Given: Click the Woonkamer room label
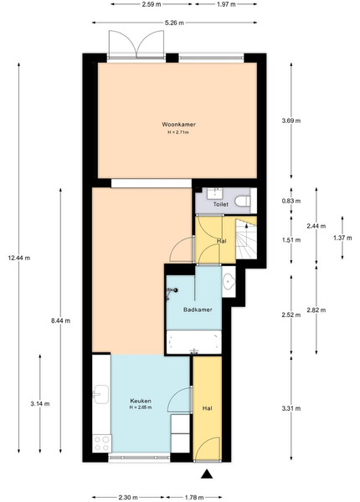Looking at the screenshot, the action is tap(178, 124).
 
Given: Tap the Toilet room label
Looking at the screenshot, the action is tap(221, 204).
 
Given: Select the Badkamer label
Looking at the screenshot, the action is tap(198, 310).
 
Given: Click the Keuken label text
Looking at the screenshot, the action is tap(141, 401).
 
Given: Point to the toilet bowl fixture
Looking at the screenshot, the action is tap(243, 202).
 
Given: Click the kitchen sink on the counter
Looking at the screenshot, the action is tap(101, 394).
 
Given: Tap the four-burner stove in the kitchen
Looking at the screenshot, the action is tap(102, 443).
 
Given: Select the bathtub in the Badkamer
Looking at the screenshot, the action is tap(194, 342).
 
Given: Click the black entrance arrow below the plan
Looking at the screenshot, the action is tap(207, 474).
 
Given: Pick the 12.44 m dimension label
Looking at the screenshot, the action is tap(19, 258).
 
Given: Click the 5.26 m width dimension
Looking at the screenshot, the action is tap(174, 23).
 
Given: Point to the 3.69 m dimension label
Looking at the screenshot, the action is tap(291, 120).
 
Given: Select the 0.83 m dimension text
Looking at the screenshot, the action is tap(291, 201).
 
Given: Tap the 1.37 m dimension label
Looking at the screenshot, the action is tap(342, 238).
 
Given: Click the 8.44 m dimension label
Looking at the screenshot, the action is tap(60, 320).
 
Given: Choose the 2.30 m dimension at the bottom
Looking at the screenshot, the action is tap(128, 497).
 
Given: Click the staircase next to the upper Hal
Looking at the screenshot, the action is tap(246, 238).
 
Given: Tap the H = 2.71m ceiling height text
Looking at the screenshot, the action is tap(178, 132).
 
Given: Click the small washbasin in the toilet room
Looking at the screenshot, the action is tap(213, 193).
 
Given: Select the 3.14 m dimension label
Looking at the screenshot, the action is tap(40, 404).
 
